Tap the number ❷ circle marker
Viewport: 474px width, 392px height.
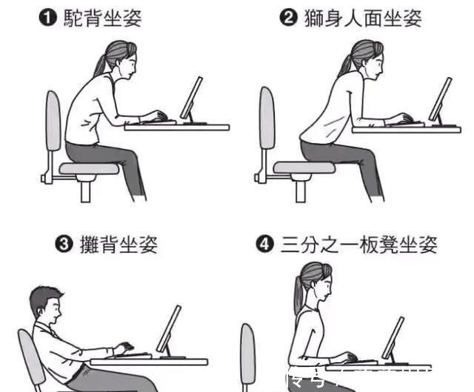[289, 19]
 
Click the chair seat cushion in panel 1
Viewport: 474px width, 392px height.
[89, 169]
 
